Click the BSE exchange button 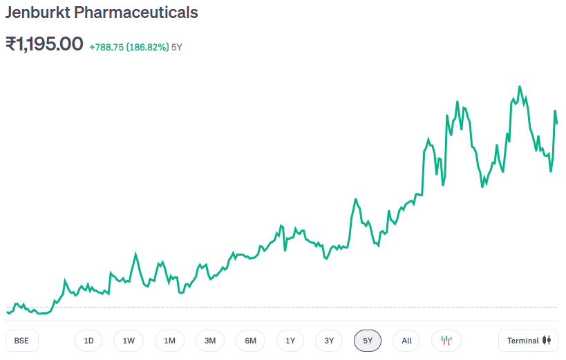21,341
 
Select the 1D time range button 88,341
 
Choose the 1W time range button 129,341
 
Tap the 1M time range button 169,341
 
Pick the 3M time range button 210,341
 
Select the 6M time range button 250,341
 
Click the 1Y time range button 290,341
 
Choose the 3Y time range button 329,341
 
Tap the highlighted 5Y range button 368,341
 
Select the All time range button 406,341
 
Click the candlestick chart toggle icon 446,341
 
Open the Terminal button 529,341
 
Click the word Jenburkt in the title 35,12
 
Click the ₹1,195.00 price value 44,44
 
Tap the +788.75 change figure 106,47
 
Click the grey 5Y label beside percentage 177,47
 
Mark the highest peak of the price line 519,87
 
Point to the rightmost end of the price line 557,123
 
